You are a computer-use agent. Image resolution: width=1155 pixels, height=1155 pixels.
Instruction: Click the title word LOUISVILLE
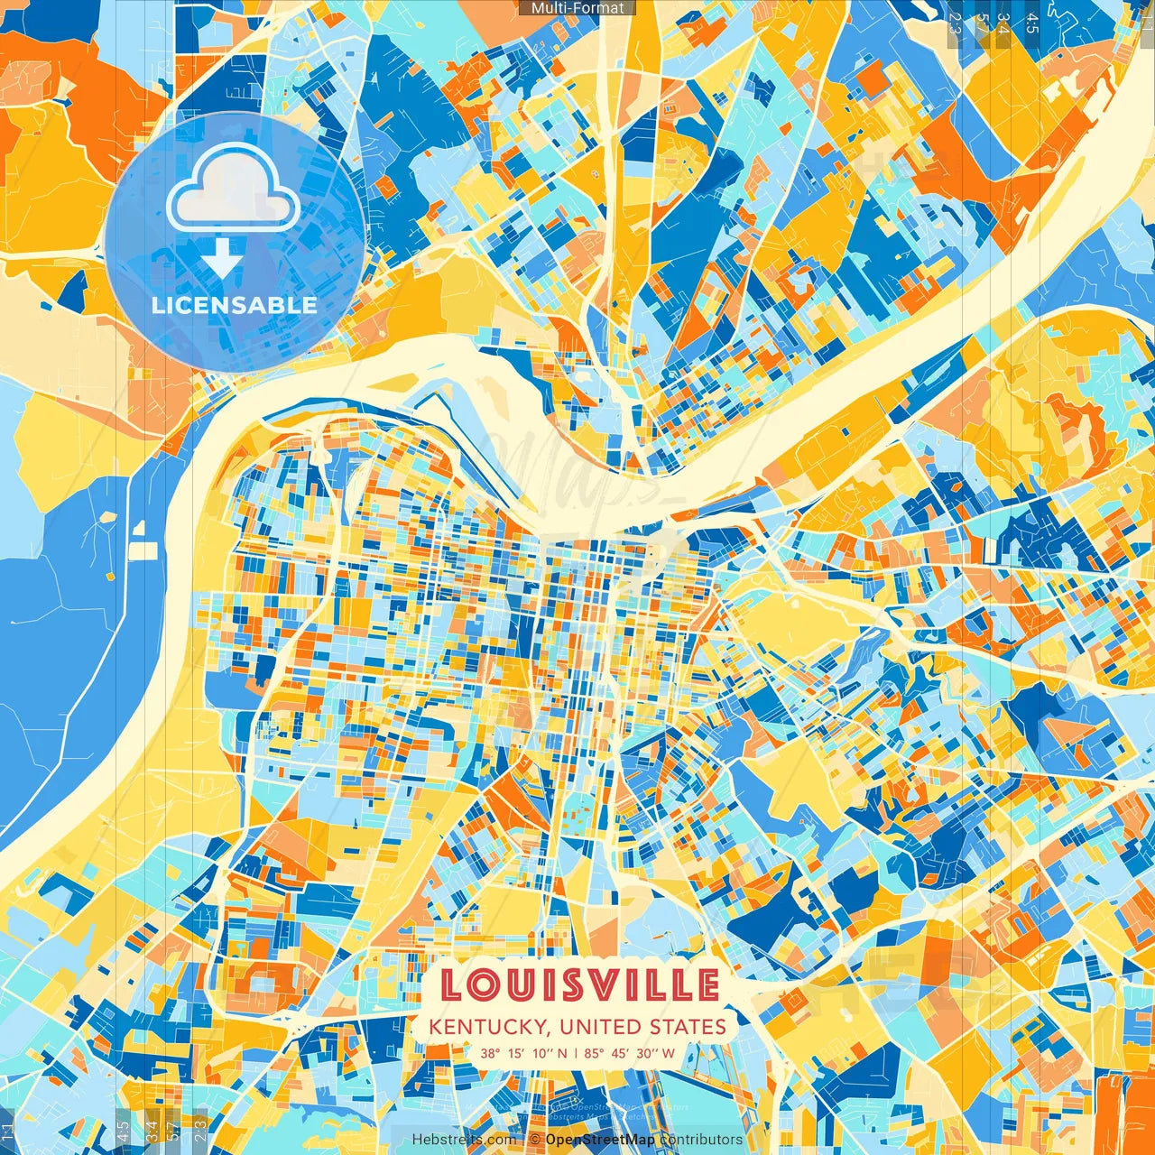(578, 985)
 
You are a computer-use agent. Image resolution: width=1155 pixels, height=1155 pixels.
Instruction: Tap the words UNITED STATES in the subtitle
(642, 1027)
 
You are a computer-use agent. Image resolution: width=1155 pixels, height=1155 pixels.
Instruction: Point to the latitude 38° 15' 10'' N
(524, 1053)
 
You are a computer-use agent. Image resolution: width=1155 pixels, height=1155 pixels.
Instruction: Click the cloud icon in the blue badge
(234, 187)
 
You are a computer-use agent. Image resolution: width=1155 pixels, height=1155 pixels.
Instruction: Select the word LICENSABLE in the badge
(235, 305)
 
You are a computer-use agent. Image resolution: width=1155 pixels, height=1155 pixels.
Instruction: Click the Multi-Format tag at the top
(577, 8)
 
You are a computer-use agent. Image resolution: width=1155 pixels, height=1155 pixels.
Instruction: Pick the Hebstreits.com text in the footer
(465, 1140)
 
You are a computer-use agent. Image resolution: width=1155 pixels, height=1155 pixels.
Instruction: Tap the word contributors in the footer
(701, 1140)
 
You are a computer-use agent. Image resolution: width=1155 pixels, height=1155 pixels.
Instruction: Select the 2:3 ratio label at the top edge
(955, 23)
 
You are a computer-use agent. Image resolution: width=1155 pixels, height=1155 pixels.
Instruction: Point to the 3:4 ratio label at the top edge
(1003, 23)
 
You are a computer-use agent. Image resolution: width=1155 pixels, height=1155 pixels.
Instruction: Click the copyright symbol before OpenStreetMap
(535, 1140)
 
